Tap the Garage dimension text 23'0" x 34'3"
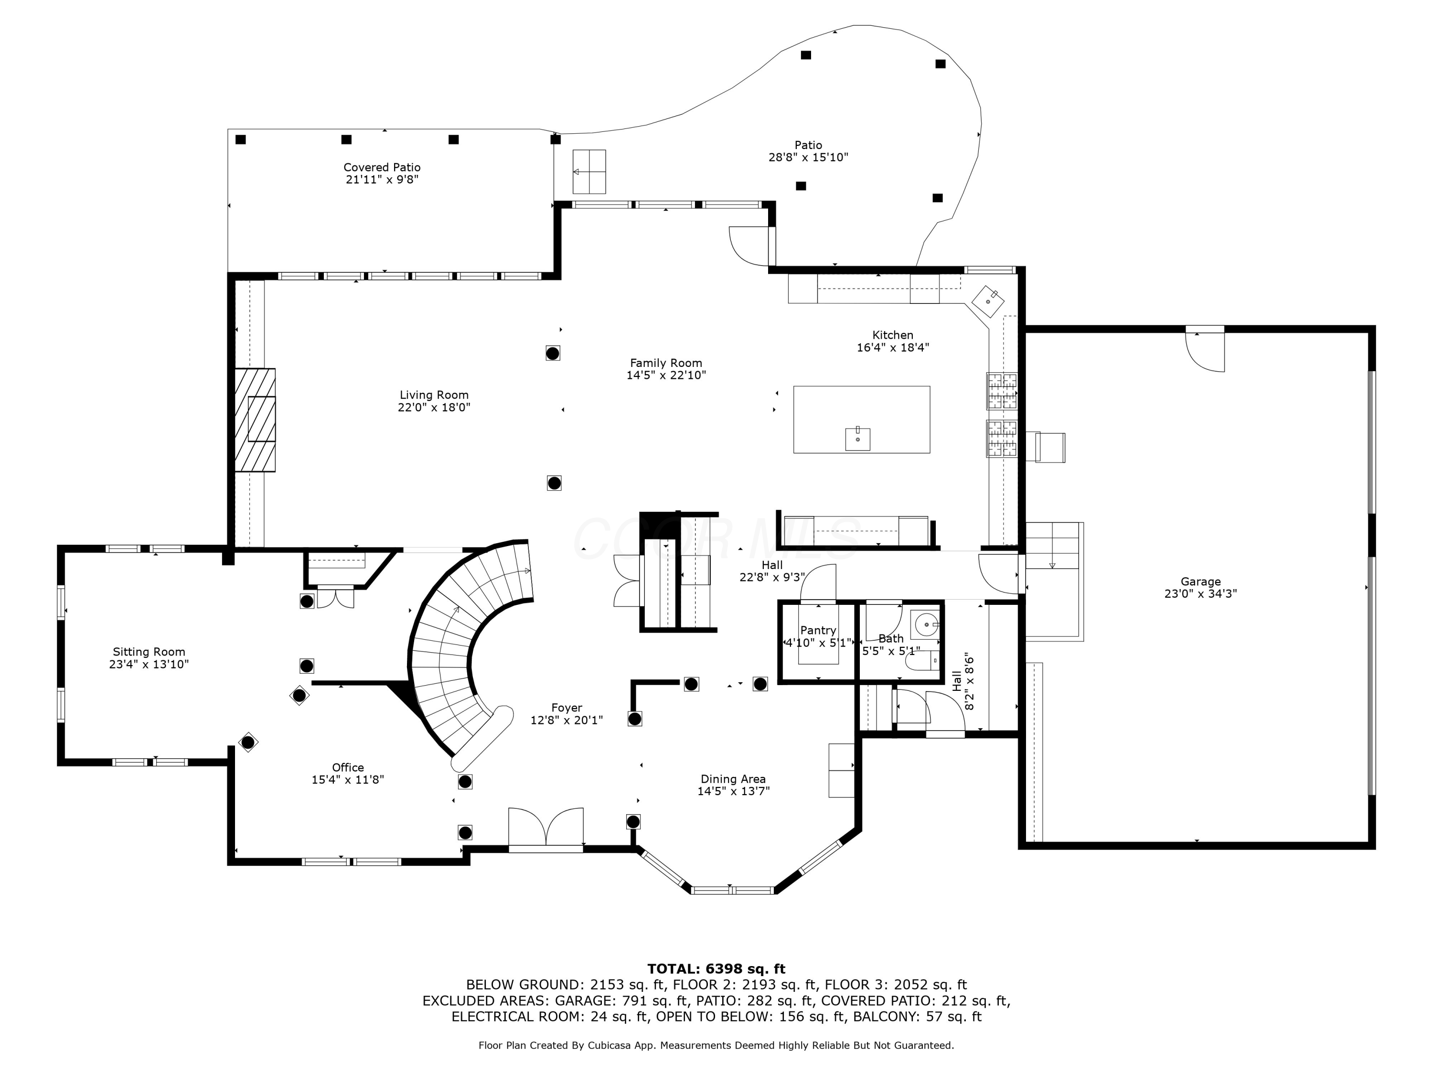pos(1200,593)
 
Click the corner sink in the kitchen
pos(988,301)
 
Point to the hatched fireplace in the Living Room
pos(255,420)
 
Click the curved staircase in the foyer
pos(453,642)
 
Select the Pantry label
pos(818,630)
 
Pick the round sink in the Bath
pos(926,624)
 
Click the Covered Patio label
pos(382,167)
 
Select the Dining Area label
pos(733,779)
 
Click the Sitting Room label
pos(149,652)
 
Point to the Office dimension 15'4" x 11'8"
pos(348,780)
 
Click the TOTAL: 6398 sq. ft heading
pos(716,969)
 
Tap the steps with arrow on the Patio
pos(589,172)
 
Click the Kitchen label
pos(892,335)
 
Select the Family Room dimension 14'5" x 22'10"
pos(666,375)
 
